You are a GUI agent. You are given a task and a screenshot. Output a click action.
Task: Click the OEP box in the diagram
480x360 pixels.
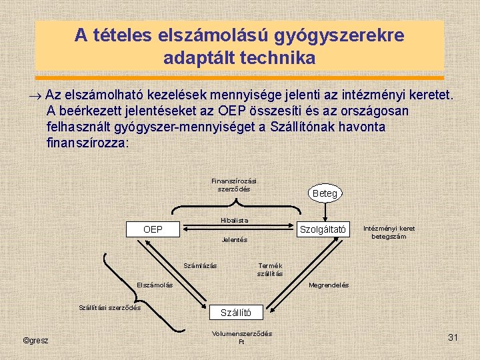click(x=153, y=229)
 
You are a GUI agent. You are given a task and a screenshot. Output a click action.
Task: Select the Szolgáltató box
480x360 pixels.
click(x=323, y=229)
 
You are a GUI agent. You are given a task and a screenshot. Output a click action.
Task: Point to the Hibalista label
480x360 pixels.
click(x=234, y=220)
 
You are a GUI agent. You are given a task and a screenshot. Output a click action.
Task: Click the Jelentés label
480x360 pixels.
click(x=234, y=239)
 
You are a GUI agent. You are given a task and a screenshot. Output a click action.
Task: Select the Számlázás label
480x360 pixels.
click(x=200, y=267)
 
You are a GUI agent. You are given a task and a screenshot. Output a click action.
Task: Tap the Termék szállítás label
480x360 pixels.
click(x=270, y=270)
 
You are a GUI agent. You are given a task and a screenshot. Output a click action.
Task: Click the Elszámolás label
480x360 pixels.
click(x=155, y=285)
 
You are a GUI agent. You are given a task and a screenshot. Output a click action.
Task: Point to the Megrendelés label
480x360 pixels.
click(x=329, y=285)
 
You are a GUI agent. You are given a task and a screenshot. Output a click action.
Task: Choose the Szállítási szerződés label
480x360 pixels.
click(x=110, y=307)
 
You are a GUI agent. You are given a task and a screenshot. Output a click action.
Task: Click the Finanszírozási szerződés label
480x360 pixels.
click(x=234, y=185)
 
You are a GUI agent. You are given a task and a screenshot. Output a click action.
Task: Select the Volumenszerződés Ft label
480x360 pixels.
click(x=242, y=337)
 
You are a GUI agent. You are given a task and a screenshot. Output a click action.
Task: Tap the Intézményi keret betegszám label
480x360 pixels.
click(x=389, y=232)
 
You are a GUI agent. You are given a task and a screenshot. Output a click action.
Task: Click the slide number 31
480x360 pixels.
click(x=453, y=338)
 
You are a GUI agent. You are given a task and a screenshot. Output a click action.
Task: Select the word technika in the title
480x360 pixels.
click(x=279, y=58)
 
